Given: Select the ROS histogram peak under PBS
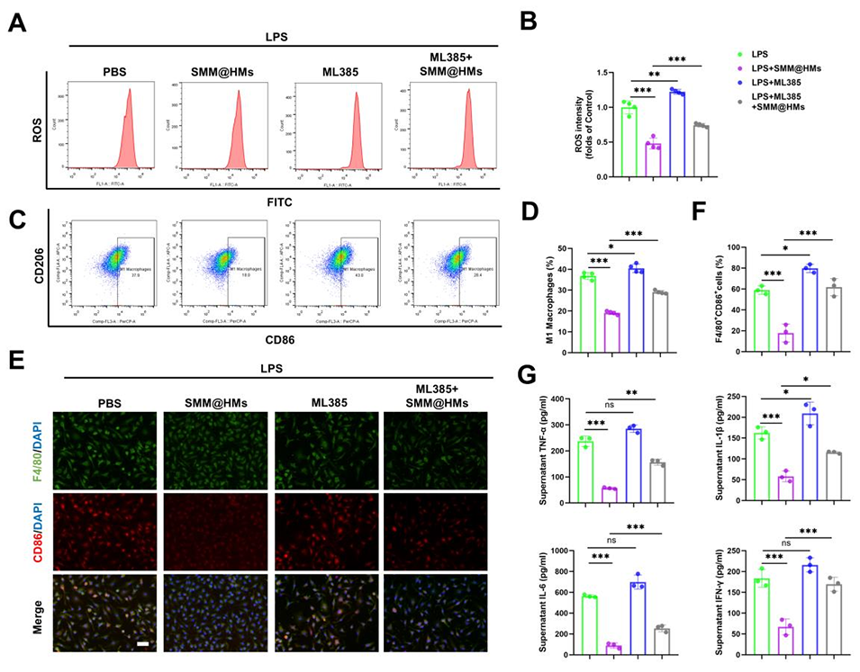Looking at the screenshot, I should pos(130,126).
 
